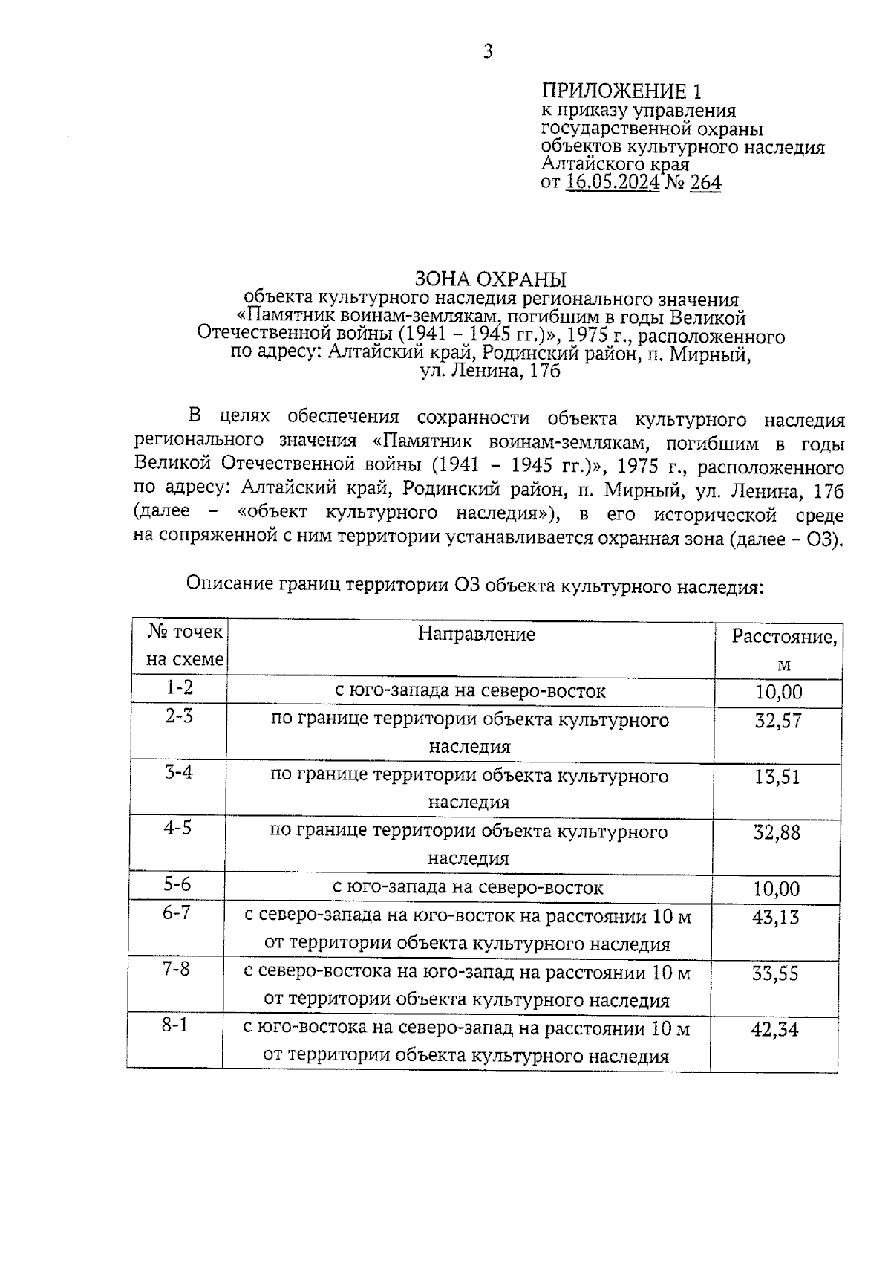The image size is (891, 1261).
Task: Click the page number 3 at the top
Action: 488,51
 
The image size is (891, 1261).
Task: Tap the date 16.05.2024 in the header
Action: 612,182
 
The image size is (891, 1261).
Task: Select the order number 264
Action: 705,182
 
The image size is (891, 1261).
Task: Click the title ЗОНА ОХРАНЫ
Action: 489,279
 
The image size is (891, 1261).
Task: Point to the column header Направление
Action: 476,634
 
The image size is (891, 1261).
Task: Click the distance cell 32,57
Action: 778,721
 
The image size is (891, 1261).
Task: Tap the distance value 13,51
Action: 777,777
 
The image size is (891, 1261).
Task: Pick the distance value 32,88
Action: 777,833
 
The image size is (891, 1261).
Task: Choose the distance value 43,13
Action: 776,918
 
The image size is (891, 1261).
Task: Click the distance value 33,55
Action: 775,973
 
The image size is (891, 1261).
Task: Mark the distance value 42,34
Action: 774,1030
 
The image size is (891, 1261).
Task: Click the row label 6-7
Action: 177,912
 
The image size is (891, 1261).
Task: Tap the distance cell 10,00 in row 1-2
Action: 779,693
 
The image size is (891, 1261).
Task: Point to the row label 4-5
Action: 177,827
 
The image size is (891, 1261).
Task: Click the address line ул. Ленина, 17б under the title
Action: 490,371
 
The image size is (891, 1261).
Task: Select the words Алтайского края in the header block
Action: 615,163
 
